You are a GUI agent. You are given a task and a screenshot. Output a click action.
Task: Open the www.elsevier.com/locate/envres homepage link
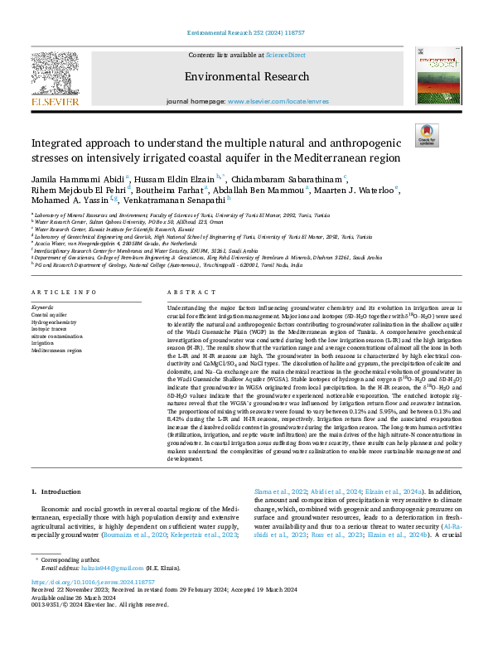pyautogui.click(x=269, y=101)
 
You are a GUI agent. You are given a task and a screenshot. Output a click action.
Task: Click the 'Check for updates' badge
pyautogui.click(x=426, y=135)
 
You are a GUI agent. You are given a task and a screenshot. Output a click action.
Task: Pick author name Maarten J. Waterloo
pyautogui.click(x=357, y=189)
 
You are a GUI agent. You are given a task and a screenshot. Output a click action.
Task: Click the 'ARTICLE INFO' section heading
pyautogui.click(x=60, y=293)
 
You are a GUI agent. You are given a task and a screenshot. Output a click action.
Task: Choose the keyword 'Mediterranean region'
pyautogui.click(x=58, y=351)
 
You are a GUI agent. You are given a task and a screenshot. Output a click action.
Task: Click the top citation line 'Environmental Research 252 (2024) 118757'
pyautogui.click(x=246, y=31)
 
